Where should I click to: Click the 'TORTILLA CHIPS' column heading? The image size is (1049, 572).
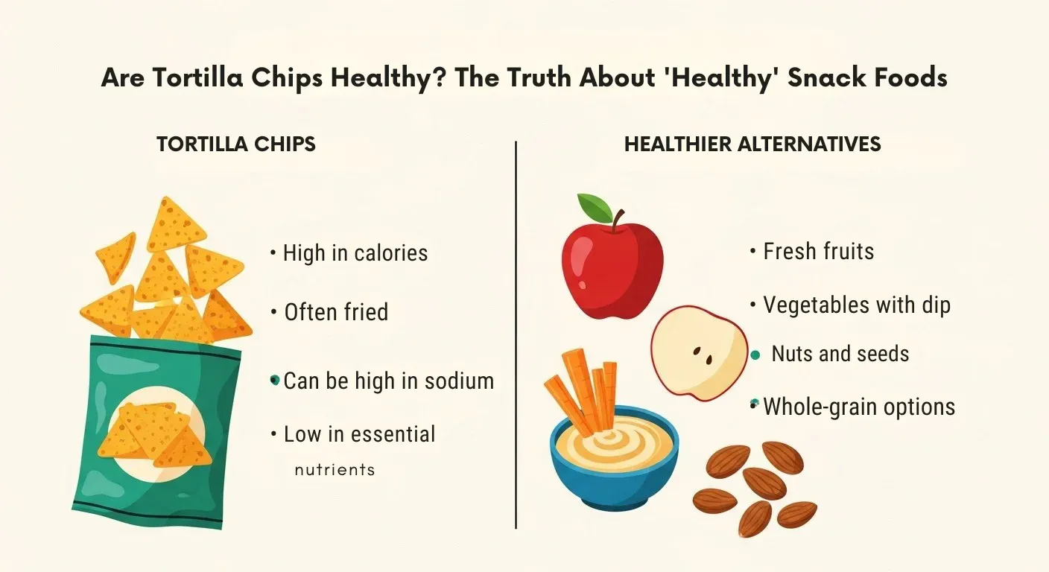pyautogui.click(x=235, y=144)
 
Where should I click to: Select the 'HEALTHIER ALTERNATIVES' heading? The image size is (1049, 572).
pyautogui.click(x=752, y=144)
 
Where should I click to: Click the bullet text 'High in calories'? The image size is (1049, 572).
pyautogui.click(x=355, y=253)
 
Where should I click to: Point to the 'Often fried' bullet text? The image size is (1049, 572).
pyautogui.click(x=336, y=312)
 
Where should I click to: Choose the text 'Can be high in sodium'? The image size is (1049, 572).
pyautogui.click(x=388, y=381)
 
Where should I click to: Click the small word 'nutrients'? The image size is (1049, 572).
pyautogui.click(x=335, y=470)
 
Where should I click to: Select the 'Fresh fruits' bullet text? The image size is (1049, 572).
pyautogui.click(x=818, y=251)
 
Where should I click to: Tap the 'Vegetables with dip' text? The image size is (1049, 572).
pyautogui.click(x=857, y=305)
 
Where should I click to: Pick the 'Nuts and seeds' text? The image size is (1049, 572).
pyautogui.click(x=840, y=353)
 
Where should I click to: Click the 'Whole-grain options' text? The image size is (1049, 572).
pyautogui.click(x=859, y=407)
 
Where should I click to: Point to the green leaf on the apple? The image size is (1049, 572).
pyautogui.click(x=595, y=206)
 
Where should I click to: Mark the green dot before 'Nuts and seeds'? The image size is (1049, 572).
pyautogui.click(x=755, y=355)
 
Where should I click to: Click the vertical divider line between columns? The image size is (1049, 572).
pyautogui.click(x=516, y=335)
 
